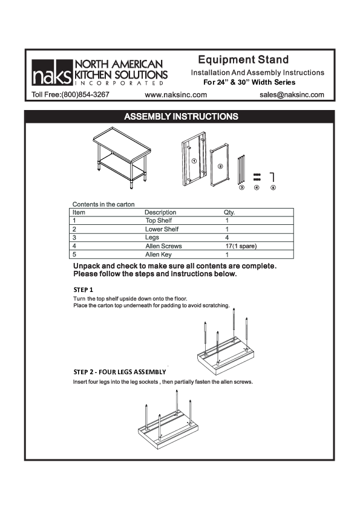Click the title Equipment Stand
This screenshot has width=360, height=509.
tap(243, 60)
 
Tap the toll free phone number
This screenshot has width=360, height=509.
tap(70, 95)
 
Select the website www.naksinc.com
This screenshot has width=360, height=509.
tap(176, 95)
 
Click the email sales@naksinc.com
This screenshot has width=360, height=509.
tap(292, 95)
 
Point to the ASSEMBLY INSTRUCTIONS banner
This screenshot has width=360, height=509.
tap(180, 116)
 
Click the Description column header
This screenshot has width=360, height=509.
tap(160, 212)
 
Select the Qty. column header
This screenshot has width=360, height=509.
tap(229, 212)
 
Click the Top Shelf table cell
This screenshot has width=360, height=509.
tap(159, 221)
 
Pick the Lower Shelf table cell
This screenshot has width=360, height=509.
tap(162, 229)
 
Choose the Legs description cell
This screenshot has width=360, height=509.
tap(152, 238)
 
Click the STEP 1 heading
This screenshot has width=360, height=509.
tap(83, 290)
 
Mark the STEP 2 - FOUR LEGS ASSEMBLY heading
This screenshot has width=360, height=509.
tap(119, 371)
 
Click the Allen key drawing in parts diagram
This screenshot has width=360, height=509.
tap(273, 177)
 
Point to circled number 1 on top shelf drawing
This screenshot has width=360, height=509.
tap(193, 161)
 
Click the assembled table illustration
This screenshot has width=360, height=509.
tap(121, 154)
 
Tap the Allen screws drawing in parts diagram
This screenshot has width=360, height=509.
tap(257, 177)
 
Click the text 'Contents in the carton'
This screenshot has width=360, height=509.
tap(103, 204)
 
